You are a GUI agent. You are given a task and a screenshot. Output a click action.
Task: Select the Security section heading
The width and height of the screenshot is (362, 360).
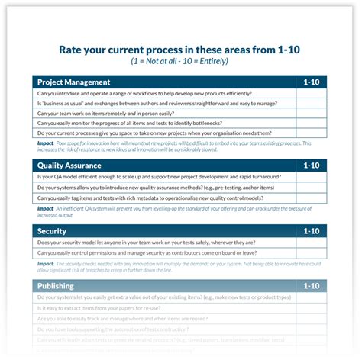tap(52, 230)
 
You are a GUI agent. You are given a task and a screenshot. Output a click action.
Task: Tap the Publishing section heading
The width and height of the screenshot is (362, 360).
tap(56, 286)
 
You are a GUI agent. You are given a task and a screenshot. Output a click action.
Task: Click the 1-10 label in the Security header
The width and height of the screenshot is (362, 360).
tap(312, 230)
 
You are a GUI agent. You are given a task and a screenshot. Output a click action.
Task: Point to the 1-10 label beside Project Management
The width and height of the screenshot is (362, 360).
tap(312, 82)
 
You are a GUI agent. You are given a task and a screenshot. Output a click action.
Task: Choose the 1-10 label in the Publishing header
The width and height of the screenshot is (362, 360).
tap(312, 286)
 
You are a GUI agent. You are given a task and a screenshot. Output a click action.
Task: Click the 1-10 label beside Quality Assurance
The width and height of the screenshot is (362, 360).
tap(312, 164)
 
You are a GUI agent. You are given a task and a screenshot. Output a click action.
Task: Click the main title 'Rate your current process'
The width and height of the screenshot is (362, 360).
tap(179, 50)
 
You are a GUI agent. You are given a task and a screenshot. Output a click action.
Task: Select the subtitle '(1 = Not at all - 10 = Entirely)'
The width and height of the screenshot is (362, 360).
tap(179, 61)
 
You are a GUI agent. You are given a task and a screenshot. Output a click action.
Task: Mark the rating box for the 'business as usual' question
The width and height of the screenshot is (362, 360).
tap(312, 103)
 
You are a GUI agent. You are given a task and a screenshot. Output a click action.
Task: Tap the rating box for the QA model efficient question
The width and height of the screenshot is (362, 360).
tap(312, 177)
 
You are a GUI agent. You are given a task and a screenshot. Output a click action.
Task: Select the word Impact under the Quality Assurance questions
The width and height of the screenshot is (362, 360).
tap(45, 208)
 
